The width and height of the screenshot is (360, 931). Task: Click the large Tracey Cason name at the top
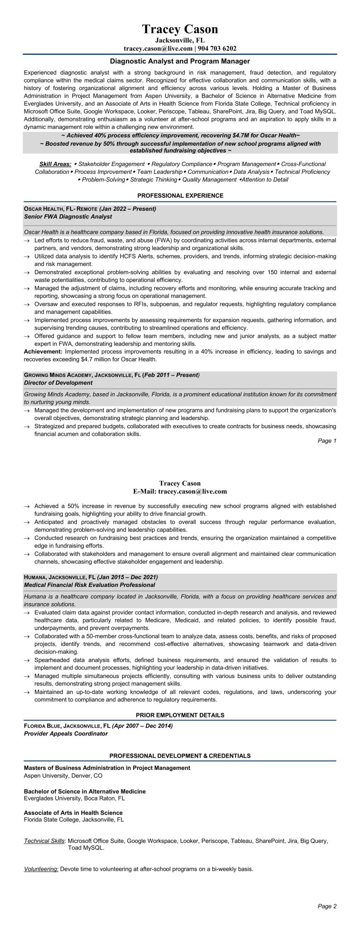[x=180, y=30]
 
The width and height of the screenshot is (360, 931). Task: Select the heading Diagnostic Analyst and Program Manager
[x=180, y=61]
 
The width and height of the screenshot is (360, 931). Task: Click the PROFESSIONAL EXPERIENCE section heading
[x=180, y=195]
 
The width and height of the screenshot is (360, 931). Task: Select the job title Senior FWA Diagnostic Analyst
[x=68, y=217]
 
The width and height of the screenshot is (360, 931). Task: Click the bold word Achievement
[x=43, y=351]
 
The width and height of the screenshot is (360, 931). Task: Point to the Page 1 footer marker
[x=327, y=441]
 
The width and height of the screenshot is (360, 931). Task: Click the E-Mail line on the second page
[x=180, y=491]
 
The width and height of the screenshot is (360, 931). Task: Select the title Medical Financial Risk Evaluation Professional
[x=89, y=585]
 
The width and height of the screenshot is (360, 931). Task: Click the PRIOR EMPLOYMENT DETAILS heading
[x=180, y=715]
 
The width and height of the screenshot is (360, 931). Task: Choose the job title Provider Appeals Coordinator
[x=65, y=734]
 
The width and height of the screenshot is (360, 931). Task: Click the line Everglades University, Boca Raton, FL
[x=74, y=798]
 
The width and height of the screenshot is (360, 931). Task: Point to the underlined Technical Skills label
[x=44, y=841]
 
